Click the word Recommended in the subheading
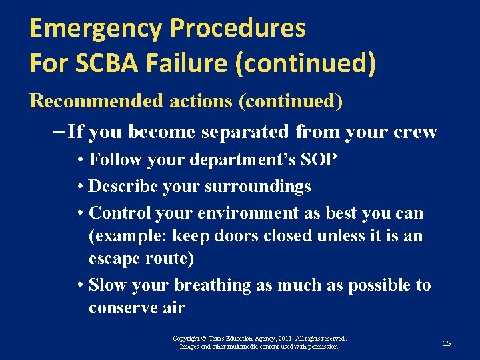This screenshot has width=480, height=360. pyautogui.click(x=95, y=101)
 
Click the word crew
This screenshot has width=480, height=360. pyautogui.click(x=415, y=132)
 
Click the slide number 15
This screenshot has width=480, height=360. pyautogui.click(x=447, y=343)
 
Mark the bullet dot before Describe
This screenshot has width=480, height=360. pyautogui.click(x=80, y=187)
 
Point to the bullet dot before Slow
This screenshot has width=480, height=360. pyautogui.click(x=80, y=285)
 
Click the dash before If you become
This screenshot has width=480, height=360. pyautogui.click(x=57, y=132)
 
